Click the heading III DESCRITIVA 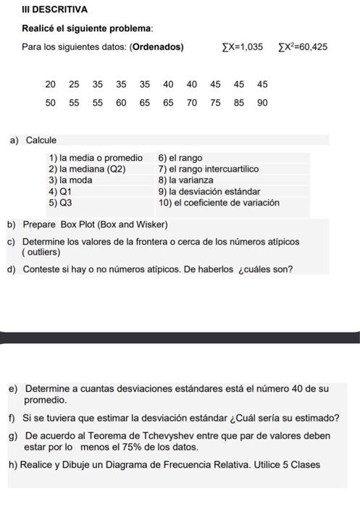click(x=54, y=10)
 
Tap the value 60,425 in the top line click(x=314, y=47)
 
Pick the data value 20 click(x=50, y=85)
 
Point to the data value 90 click(x=262, y=103)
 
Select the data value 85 click(x=239, y=103)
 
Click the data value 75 click(x=216, y=103)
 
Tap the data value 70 click(x=191, y=103)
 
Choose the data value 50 click(x=50, y=103)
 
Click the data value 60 click(x=121, y=103)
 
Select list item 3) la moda click(x=70, y=180)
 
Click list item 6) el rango click(x=180, y=158)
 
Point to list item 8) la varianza click(x=186, y=180)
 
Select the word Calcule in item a click(x=41, y=140)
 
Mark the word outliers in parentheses click(x=42, y=252)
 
